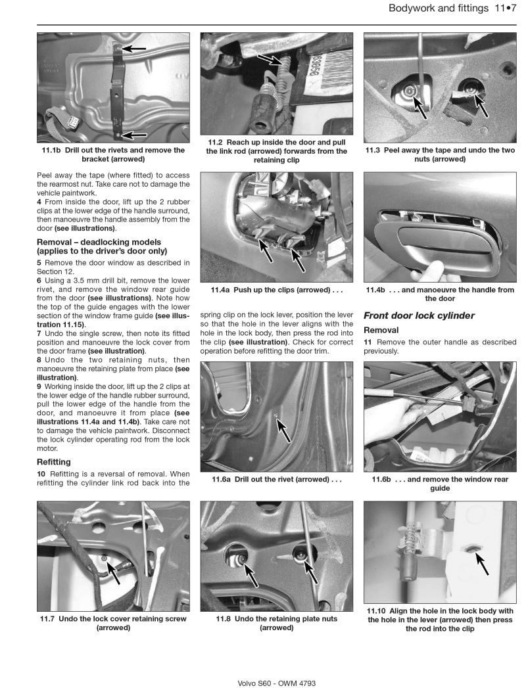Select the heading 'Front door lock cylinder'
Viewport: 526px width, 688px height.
(x=418, y=315)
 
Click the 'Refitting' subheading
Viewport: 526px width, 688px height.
(x=55, y=462)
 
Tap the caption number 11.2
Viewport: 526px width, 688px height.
(x=217, y=143)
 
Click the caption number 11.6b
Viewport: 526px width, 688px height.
(x=382, y=480)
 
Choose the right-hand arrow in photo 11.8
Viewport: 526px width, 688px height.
(x=311, y=572)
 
